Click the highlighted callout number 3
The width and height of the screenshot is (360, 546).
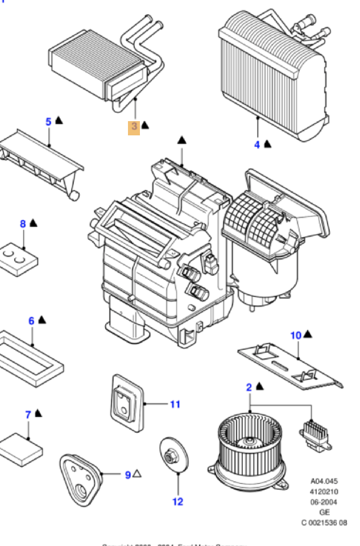134,126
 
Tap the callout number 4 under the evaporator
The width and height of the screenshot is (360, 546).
257,144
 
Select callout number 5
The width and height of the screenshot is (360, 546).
49,121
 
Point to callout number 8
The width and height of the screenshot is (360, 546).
23,224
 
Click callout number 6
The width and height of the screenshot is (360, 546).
32,321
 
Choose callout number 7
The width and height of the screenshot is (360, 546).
28,415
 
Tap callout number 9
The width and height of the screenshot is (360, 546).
128,474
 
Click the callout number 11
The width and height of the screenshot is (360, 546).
175,404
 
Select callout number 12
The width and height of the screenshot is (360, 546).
178,502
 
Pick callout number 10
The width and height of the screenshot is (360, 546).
296,336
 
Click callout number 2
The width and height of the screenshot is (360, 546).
249,387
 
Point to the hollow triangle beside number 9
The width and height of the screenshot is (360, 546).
138,474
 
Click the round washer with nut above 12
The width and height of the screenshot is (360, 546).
171,457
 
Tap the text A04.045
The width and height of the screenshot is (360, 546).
324,481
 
